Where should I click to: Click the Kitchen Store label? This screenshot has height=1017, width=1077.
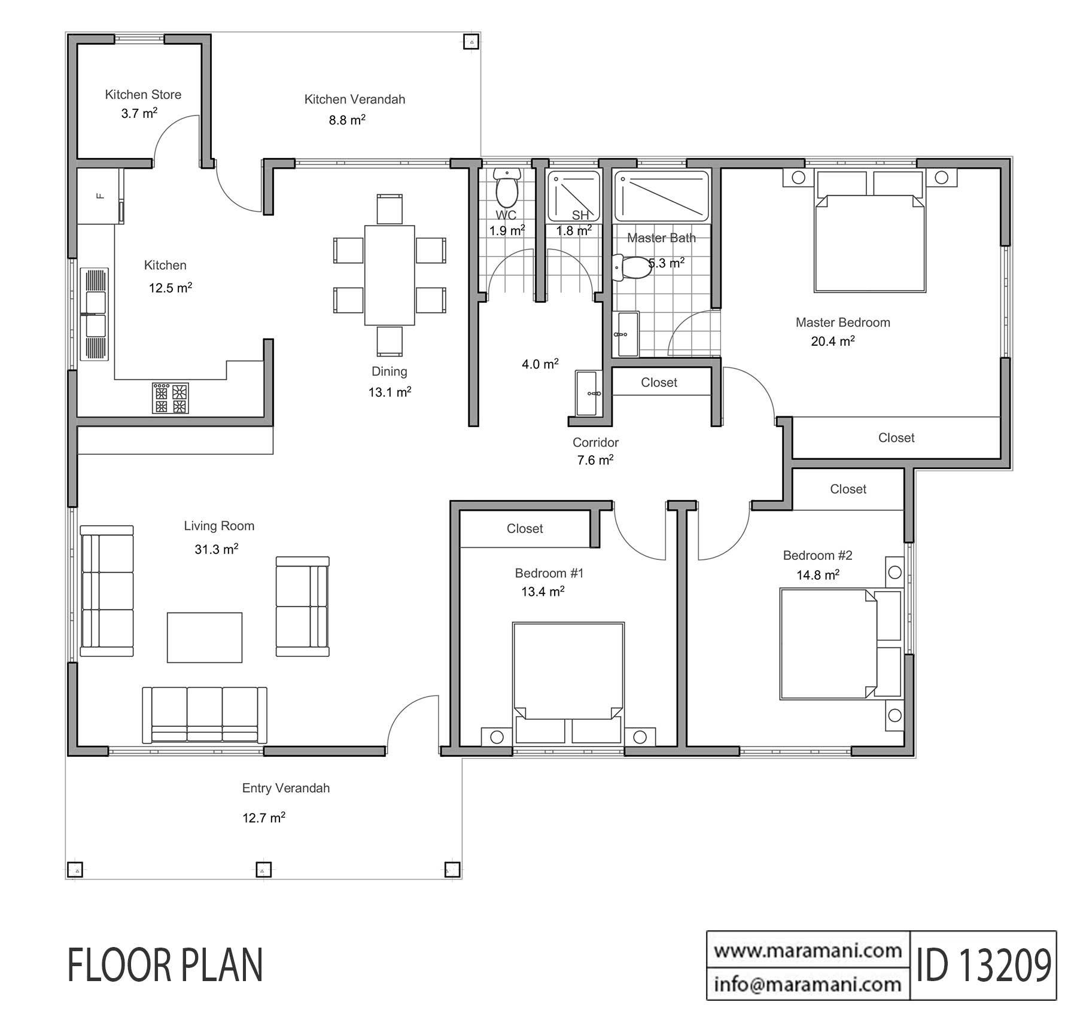coord(143,95)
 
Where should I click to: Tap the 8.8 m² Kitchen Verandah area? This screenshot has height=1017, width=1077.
coord(347,120)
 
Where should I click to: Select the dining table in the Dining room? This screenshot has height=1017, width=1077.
coord(390,275)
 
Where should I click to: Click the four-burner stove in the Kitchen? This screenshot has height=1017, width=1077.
coord(171,398)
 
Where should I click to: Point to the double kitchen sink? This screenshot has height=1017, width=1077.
coord(95,315)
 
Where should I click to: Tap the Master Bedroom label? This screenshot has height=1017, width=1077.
coord(842,322)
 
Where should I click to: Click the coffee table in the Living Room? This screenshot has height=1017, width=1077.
coord(205,637)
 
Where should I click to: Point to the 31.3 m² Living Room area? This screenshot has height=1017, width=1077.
coord(216,549)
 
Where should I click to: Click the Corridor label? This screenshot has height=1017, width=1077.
coord(595,443)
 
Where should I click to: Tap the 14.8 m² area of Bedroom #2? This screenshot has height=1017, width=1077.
coord(817,575)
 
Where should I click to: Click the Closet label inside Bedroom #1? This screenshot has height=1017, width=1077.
coord(525,529)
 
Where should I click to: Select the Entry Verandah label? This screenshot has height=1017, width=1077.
coord(286,788)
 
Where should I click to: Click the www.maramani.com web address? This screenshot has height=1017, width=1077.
coord(808,950)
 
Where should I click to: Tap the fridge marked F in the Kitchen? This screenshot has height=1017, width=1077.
coord(100,196)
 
